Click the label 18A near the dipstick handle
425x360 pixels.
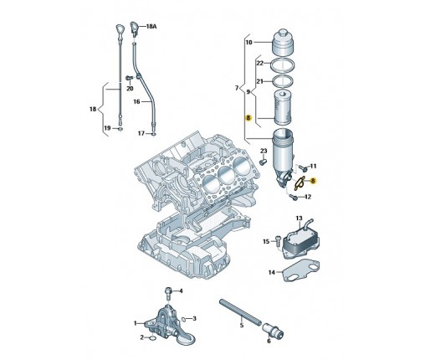tap(151, 27)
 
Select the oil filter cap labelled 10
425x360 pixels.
tap(283, 42)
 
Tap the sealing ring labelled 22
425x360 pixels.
tap(283, 66)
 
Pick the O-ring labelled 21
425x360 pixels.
tap(283, 81)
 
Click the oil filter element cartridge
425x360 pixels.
tap(283, 107)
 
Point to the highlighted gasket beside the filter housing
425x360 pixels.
tap(300, 183)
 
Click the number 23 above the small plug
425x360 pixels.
tap(264, 151)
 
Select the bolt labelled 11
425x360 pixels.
tap(303, 168)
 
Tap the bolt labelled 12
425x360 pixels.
tap(294, 198)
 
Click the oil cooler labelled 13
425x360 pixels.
tap(300, 240)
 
